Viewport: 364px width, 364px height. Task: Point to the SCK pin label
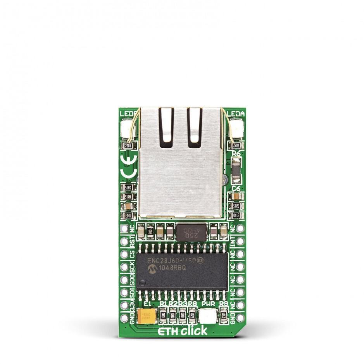click(133, 267)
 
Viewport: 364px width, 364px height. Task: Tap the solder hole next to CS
click(124, 254)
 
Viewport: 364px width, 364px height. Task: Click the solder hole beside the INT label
click(240, 242)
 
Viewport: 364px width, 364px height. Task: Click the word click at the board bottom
click(194, 330)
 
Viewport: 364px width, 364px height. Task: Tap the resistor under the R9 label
click(223, 315)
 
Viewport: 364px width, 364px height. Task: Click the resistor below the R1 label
click(163, 315)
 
